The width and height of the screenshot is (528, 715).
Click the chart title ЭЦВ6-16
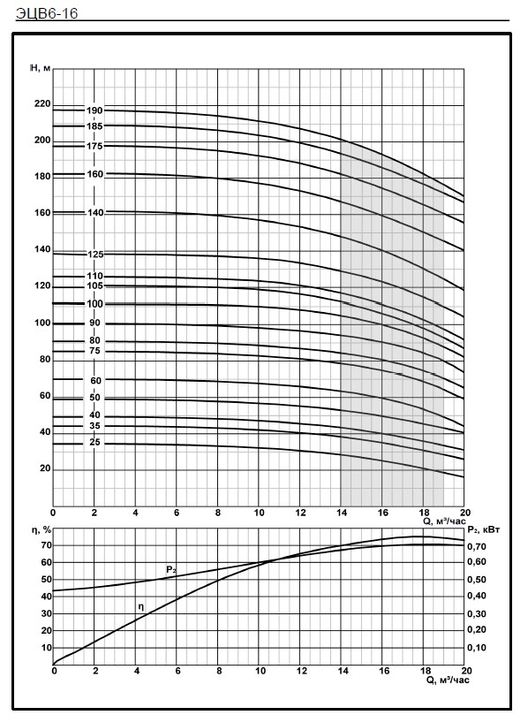pyautogui.click(x=47, y=13)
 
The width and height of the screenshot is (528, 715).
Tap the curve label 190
pyautogui.click(x=94, y=110)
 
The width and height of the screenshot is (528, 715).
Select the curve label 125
pyautogui.click(x=95, y=255)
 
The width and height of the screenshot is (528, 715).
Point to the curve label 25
pyautogui.click(x=94, y=443)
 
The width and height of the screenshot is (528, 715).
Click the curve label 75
pyautogui.click(x=94, y=351)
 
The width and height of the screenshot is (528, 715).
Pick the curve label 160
pyautogui.click(x=94, y=174)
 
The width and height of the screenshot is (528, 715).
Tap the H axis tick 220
pyautogui.click(x=42, y=104)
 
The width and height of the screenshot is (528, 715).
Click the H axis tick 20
pyautogui.click(x=45, y=468)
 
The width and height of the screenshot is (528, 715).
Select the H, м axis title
pyautogui.click(x=40, y=68)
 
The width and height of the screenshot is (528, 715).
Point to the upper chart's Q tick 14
pyautogui.click(x=341, y=513)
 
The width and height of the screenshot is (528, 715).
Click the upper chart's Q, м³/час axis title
pyautogui.click(x=445, y=521)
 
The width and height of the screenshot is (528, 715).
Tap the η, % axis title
pyautogui.click(x=40, y=530)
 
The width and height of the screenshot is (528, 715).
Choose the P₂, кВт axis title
pyautogui.click(x=483, y=530)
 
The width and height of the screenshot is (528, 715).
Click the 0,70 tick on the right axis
pyautogui.click(x=477, y=546)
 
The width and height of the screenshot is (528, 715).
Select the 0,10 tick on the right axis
pyautogui.click(x=477, y=648)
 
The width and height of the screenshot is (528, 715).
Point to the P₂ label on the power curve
pyautogui.click(x=171, y=569)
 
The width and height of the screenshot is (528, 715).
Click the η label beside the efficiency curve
pyautogui.click(x=140, y=607)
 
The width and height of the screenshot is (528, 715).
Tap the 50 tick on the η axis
pyautogui.click(x=47, y=580)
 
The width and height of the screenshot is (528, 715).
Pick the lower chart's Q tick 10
pyautogui.click(x=260, y=671)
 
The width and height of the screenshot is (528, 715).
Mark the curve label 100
pyautogui.click(x=94, y=304)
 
